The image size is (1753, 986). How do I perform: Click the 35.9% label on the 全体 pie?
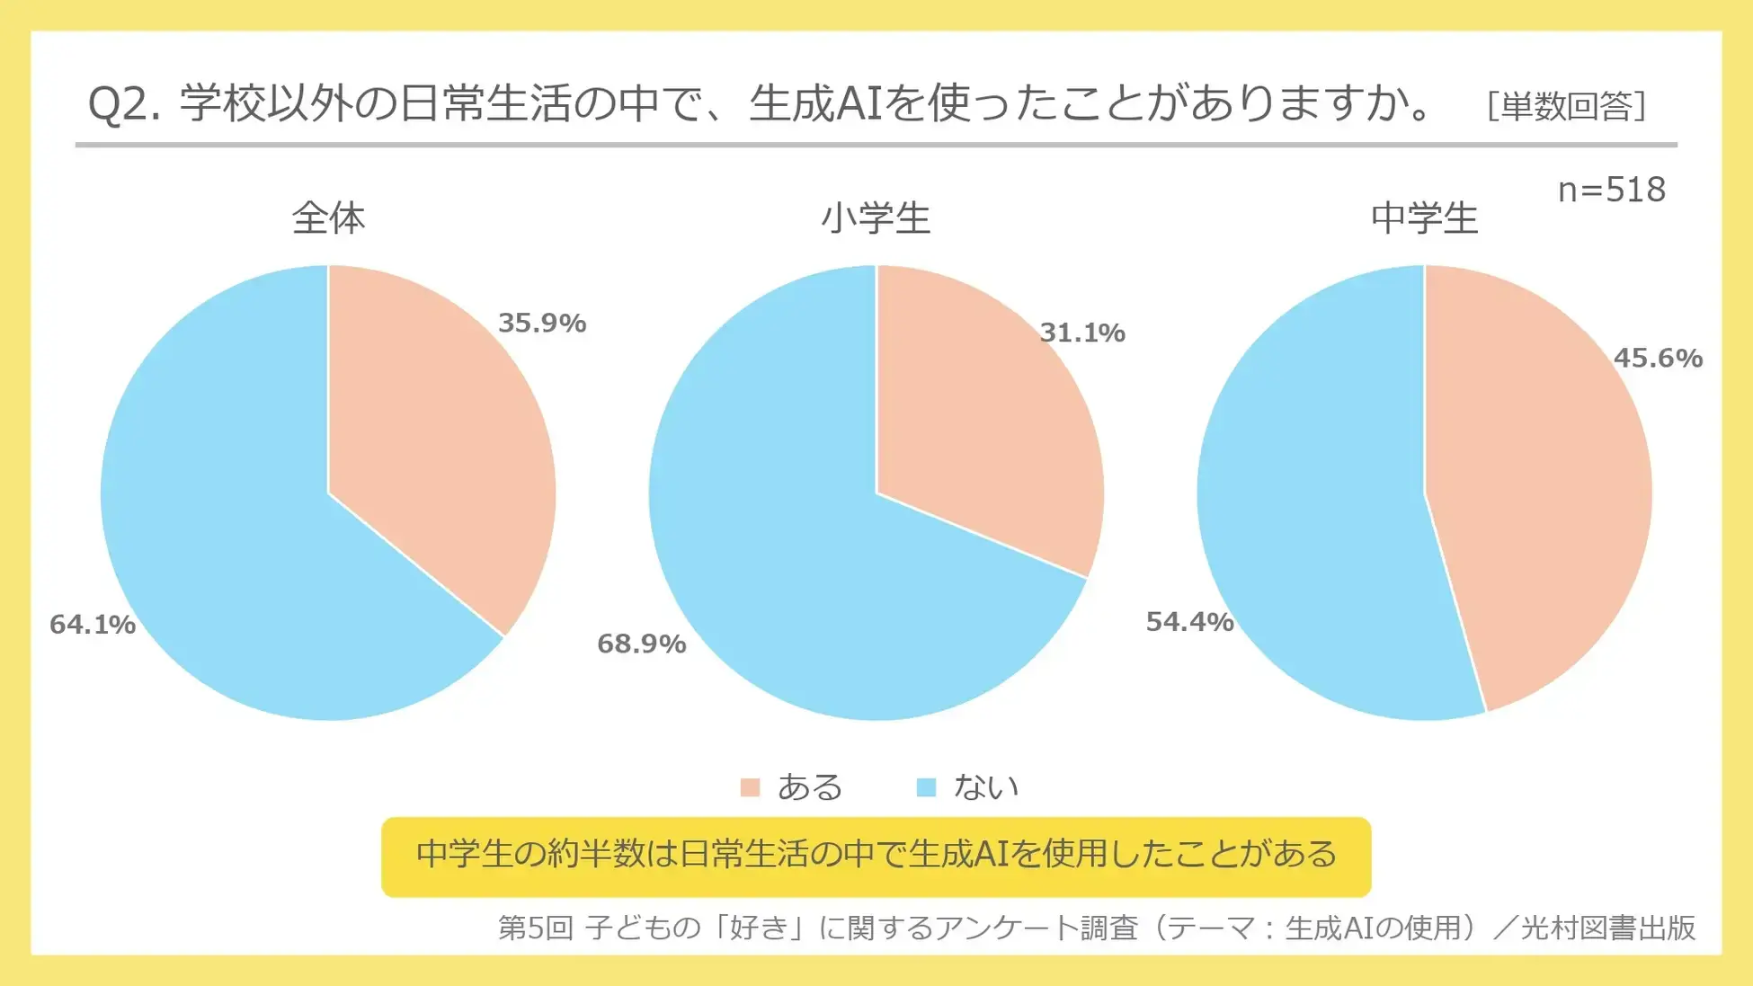(x=542, y=323)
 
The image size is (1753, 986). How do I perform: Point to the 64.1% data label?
(x=93, y=624)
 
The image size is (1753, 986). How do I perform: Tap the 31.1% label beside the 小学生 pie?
(x=1082, y=333)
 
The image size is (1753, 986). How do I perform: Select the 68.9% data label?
(x=641, y=644)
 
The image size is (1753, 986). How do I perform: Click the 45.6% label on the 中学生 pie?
(x=1658, y=358)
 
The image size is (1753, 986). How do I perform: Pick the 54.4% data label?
(x=1189, y=621)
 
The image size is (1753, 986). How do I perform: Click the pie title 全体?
(x=328, y=218)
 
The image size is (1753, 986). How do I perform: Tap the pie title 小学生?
(x=876, y=218)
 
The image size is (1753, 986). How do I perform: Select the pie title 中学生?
(x=1424, y=218)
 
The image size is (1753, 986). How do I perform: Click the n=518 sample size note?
(x=1611, y=190)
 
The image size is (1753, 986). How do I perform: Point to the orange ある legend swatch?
(x=750, y=787)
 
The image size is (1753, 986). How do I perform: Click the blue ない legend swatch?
(x=925, y=787)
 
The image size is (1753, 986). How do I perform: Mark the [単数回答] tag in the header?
(x=1566, y=106)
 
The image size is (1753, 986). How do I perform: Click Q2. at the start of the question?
(x=124, y=104)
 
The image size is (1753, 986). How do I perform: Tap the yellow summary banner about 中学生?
(x=876, y=856)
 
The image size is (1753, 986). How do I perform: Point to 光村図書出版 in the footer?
(x=1607, y=927)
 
